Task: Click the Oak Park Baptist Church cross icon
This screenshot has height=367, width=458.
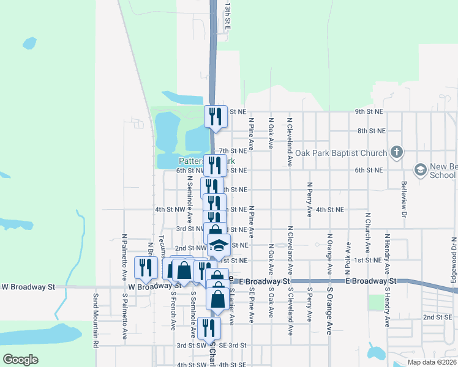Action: click(396, 152)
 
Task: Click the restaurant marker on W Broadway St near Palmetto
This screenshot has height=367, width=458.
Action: click(145, 267)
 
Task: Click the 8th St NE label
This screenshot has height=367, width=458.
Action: click(371, 131)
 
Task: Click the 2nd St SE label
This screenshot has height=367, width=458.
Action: click(437, 317)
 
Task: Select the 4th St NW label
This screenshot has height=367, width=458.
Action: click(170, 209)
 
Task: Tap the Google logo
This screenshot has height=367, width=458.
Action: click(20, 360)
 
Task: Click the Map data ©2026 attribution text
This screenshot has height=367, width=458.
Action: click(432, 362)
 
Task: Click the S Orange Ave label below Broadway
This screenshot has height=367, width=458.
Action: click(329, 319)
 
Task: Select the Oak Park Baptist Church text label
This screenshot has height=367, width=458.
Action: click(341, 153)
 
